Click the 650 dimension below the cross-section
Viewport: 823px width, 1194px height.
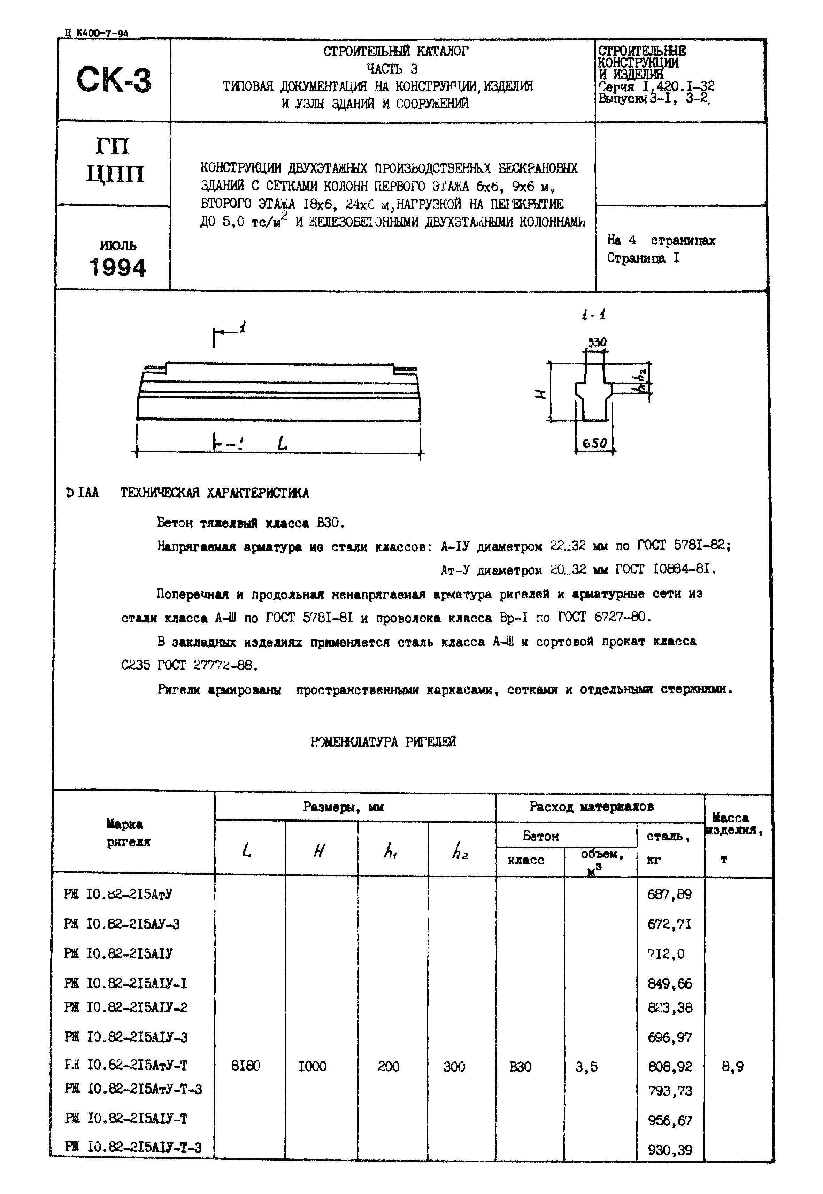point(594,443)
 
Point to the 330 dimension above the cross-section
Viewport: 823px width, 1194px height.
point(597,342)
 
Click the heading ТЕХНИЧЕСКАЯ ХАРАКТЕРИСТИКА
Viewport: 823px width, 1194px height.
point(215,493)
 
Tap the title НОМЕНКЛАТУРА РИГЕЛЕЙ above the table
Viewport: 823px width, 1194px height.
point(384,741)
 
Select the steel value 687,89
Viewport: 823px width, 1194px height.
point(669,894)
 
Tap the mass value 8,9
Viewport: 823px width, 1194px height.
point(732,1063)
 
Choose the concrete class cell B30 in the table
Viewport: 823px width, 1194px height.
point(520,1063)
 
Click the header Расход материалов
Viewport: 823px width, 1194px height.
point(592,807)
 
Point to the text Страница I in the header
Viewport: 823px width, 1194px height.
point(643,258)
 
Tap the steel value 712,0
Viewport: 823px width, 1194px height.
point(666,953)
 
